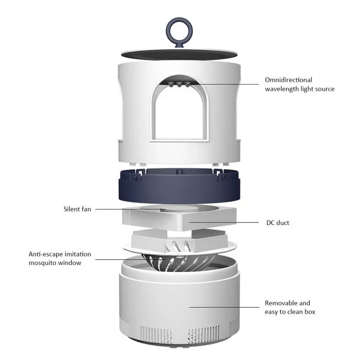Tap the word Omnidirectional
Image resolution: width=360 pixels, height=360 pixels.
pyautogui.click(x=288, y=80)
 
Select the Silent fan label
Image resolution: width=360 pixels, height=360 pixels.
pyautogui.click(x=77, y=209)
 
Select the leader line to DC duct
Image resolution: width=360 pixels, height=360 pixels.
pyautogui.click(x=225, y=222)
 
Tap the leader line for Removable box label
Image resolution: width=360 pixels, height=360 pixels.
pyautogui.click(x=225, y=307)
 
